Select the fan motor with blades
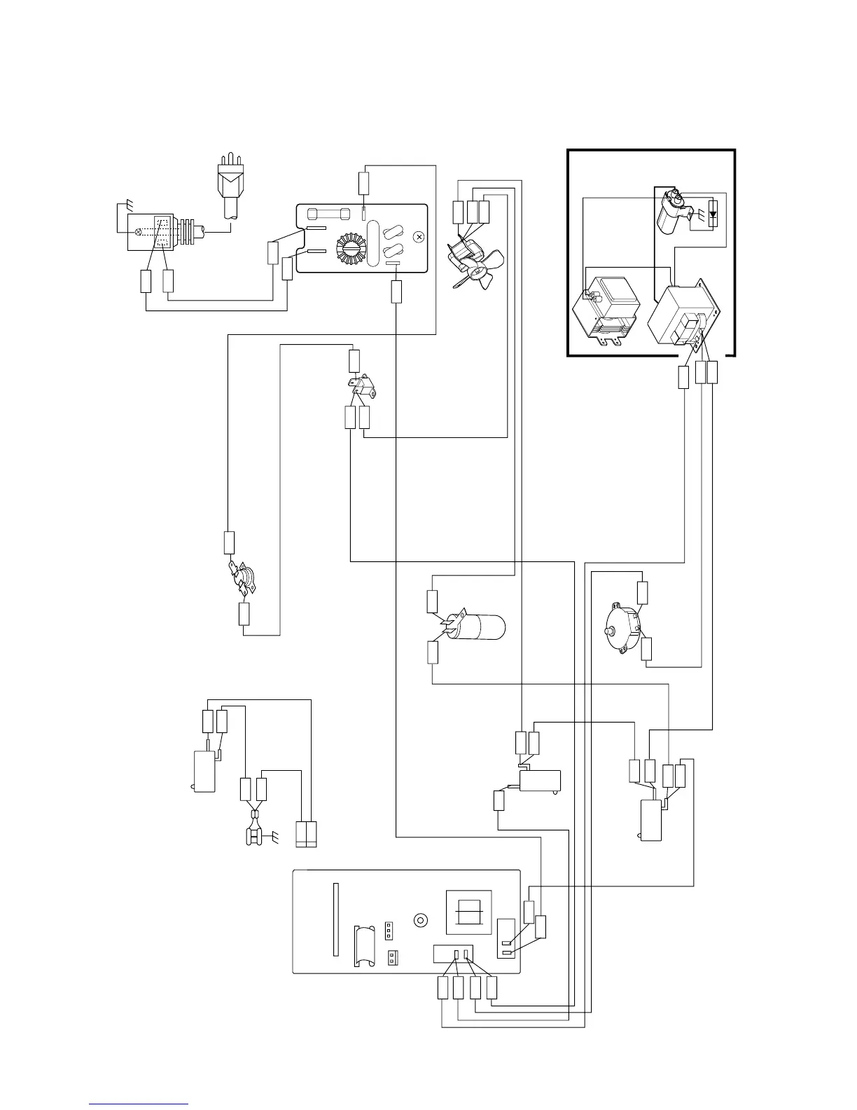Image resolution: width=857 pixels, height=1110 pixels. [x=470, y=262]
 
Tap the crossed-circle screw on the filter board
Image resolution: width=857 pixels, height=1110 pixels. [x=419, y=238]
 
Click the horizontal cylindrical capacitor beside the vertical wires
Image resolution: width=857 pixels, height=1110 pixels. [x=478, y=626]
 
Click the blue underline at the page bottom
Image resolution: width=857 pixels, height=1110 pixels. [x=139, y=1104]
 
